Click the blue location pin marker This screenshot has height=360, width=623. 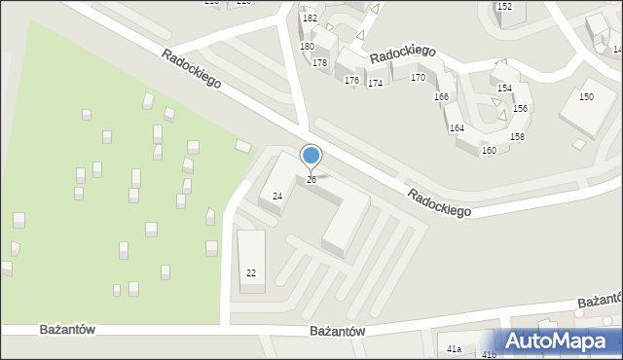pos(311,156)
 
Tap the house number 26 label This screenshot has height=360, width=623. pos(311,179)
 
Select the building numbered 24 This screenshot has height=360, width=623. pos(277,196)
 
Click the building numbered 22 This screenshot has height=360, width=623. pos(251,272)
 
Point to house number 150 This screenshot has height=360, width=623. pos(586,97)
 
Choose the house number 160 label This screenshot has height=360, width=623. pos(489,150)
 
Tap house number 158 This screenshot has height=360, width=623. pos(517,136)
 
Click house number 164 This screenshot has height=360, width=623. pos(457,127)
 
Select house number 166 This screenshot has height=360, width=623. pos(441,96)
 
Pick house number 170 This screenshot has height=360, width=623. pos(418,77)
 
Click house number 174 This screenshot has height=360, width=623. pos(375,83)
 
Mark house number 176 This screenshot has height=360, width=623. pos(351,80)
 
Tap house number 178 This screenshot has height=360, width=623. pos(319,62)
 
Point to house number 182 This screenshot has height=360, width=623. pos(310,18)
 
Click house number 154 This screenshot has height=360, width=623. pos(504,88)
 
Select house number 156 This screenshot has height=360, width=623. pos(521,108)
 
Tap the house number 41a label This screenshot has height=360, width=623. pos(454,347)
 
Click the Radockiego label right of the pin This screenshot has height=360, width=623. pos(439,202)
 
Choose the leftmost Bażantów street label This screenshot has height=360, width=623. pos(68,330)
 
